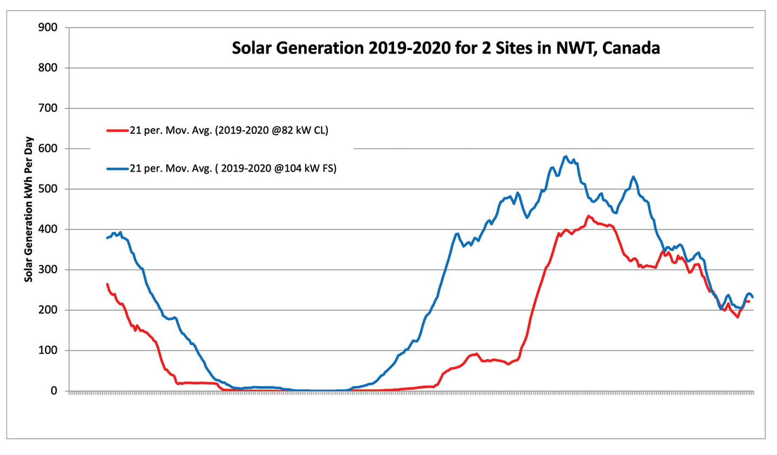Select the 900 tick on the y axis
click(x=48, y=28)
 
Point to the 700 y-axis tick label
click(x=48, y=108)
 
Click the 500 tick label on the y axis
click(x=48, y=189)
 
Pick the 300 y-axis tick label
click(x=48, y=270)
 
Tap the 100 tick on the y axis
click(x=48, y=350)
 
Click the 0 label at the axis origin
click(x=54, y=391)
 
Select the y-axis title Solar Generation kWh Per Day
click(x=29, y=209)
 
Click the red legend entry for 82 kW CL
click(x=228, y=130)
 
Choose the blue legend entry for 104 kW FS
click(x=233, y=169)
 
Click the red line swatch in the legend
click(x=117, y=130)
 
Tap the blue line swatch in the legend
click(x=117, y=169)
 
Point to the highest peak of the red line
click(x=589, y=216)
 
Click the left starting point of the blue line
click(x=107, y=238)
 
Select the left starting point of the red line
click(x=107, y=284)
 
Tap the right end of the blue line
click(x=753, y=297)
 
